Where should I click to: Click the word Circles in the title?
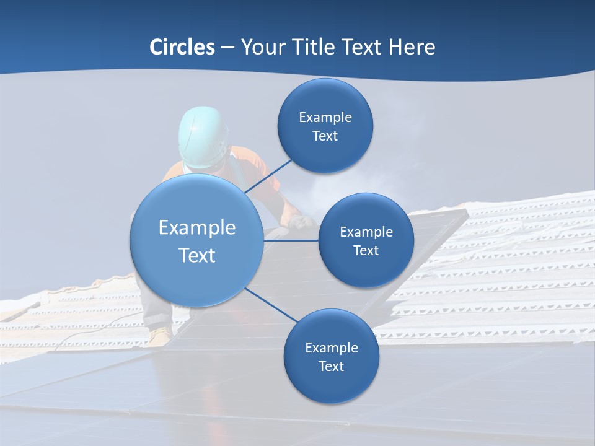182,47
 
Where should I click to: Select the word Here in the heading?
412,47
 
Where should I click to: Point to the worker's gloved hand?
302,222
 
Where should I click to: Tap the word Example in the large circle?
196,228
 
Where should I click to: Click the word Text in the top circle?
325,136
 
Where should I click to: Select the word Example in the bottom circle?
331,348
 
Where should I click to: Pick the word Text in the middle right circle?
366,251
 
